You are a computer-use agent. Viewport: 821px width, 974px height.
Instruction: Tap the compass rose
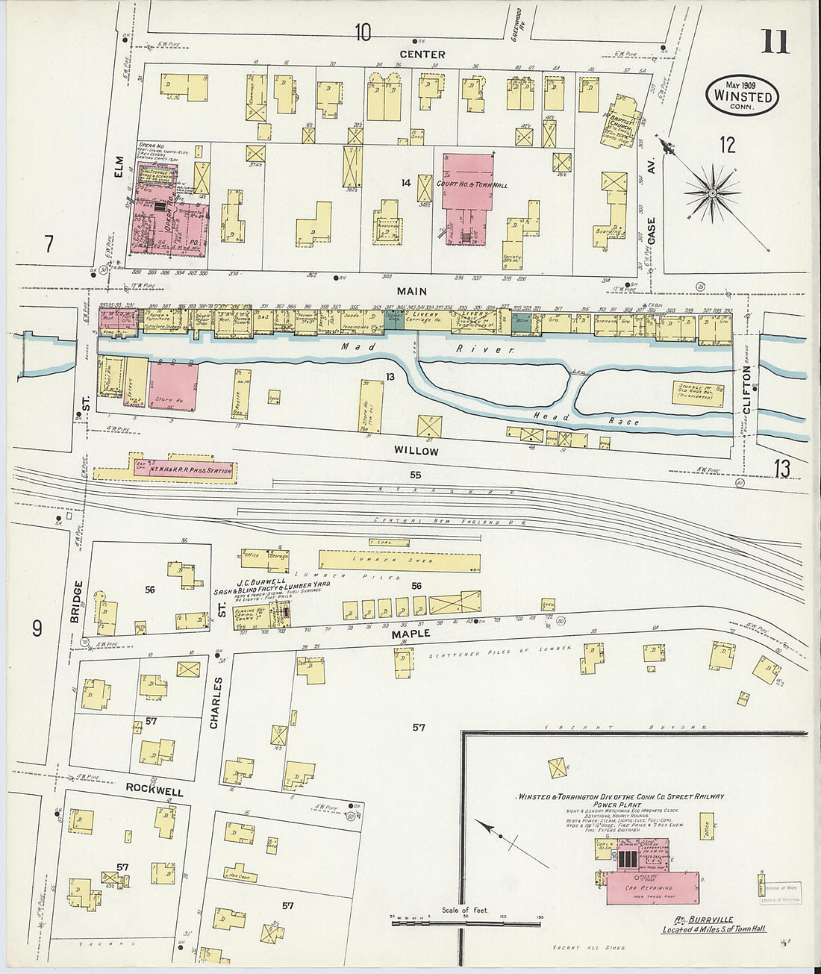pos(712,193)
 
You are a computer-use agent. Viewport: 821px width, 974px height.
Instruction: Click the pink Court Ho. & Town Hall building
pos(468,182)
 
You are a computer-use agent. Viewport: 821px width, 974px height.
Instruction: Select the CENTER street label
pos(422,54)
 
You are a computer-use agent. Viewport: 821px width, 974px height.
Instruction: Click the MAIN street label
pos(410,292)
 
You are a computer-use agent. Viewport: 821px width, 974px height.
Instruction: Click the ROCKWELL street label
pos(154,788)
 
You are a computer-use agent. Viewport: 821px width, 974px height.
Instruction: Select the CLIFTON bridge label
pos(749,393)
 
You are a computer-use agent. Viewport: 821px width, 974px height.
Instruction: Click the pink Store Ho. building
pos(173,387)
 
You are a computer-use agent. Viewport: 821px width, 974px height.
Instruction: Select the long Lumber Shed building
pos(399,561)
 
